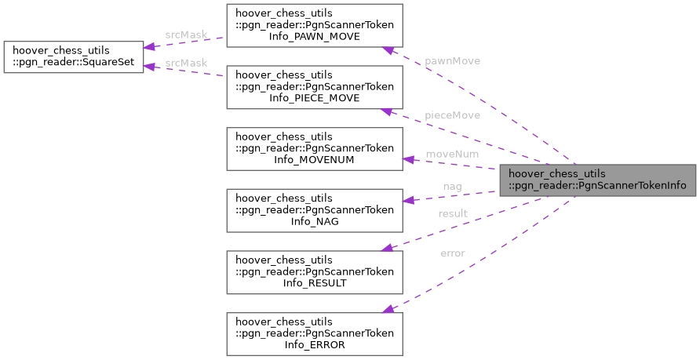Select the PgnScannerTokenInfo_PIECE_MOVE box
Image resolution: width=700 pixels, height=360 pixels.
pyautogui.click(x=315, y=87)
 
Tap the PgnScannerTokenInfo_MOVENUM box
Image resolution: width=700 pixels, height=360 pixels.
pyautogui.click(x=315, y=148)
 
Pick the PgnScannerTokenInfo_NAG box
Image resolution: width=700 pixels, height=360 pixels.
pyautogui.click(x=315, y=209)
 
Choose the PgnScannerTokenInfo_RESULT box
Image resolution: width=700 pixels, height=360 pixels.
pyautogui.click(x=315, y=271)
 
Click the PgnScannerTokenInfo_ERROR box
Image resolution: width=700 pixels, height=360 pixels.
pyautogui.click(x=315, y=333)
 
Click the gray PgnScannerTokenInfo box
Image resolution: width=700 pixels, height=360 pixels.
pyautogui.click(x=597, y=180)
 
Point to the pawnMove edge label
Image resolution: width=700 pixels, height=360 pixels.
pyautogui.click(x=452, y=60)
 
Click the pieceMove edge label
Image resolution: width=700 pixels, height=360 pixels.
pyautogui.click(x=452, y=115)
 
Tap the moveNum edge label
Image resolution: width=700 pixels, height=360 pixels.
pyautogui.click(x=452, y=155)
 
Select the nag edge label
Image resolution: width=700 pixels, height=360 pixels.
pyautogui.click(x=452, y=187)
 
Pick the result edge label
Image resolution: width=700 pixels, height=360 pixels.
pyautogui.click(x=453, y=213)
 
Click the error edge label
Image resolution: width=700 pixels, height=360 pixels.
pyautogui.click(x=453, y=253)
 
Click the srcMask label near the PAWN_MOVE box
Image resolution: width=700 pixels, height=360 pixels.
pyautogui.click(x=186, y=35)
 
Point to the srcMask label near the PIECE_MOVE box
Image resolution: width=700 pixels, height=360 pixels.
pyautogui.click(x=186, y=63)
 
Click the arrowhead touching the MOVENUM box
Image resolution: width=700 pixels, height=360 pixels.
pyautogui.click(x=408, y=160)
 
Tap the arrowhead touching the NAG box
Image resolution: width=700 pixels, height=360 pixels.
pyautogui.click(x=408, y=199)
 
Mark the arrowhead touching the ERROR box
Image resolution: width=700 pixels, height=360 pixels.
pyautogui.click(x=388, y=309)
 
